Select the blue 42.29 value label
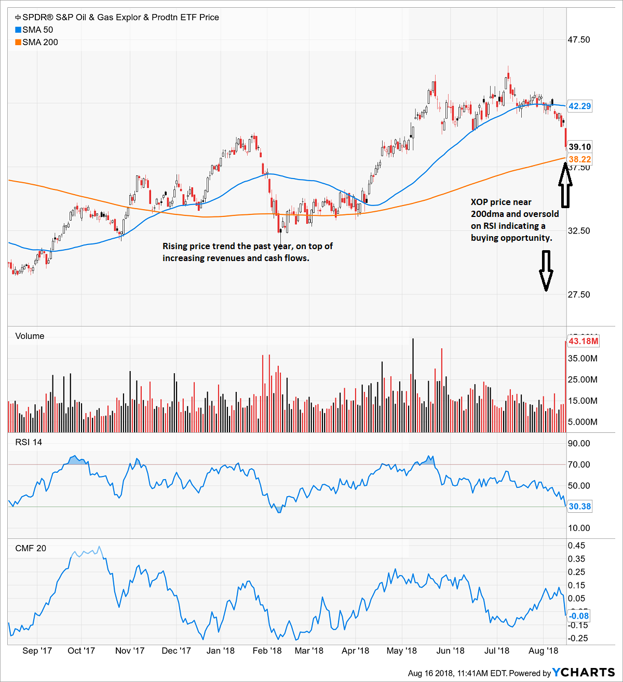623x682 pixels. (x=579, y=106)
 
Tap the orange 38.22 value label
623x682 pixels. (x=579, y=159)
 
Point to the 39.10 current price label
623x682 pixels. (x=579, y=147)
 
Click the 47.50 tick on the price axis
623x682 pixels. (x=579, y=39)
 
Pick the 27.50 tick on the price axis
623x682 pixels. (x=579, y=294)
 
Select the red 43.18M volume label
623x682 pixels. (x=583, y=341)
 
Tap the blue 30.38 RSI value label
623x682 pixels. (x=579, y=506)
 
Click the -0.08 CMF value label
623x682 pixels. (x=579, y=616)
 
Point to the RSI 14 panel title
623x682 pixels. (x=29, y=442)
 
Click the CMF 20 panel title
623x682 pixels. (x=31, y=548)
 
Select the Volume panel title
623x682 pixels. (x=30, y=336)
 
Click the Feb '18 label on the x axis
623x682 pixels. (x=267, y=650)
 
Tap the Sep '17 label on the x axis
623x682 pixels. (x=37, y=650)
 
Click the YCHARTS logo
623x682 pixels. (x=584, y=673)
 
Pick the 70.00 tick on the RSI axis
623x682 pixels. (x=579, y=465)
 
